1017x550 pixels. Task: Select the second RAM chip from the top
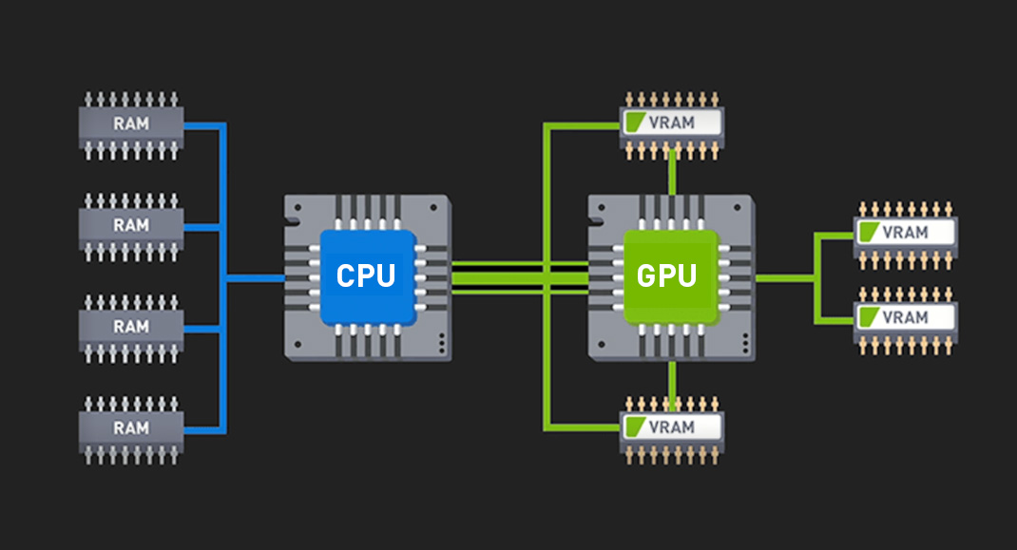tap(131, 227)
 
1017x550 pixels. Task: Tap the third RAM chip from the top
tap(131, 328)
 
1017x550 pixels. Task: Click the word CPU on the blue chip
tap(366, 276)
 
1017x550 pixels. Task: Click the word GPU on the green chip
tap(667, 276)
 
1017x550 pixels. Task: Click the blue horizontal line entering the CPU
tap(255, 278)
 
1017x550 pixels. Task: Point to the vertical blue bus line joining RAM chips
tap(222, 278)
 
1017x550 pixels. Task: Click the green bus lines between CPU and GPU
tap(520, 278)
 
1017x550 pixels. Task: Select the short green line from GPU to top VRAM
tap(672, 173)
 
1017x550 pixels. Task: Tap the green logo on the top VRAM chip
tap(636, 122)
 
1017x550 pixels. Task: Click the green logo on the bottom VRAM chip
tap(636, 427)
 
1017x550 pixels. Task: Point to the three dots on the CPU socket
tap(442, 343)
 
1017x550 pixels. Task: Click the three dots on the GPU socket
tap(745, 343)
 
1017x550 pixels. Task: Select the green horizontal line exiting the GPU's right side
tap(785, 278)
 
